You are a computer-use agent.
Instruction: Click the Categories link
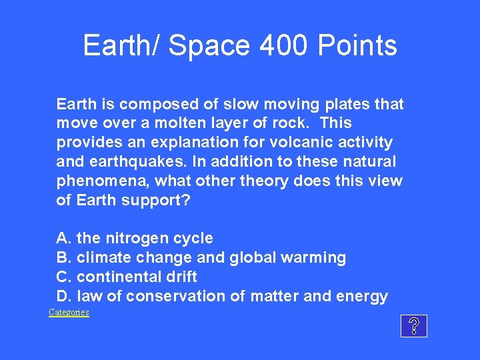point(69,313)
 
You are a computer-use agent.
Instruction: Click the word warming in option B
point(317,258)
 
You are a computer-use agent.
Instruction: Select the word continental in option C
point(117,277)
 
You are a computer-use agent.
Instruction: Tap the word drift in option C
point(181,277)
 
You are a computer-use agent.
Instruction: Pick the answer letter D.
point(63,297)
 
